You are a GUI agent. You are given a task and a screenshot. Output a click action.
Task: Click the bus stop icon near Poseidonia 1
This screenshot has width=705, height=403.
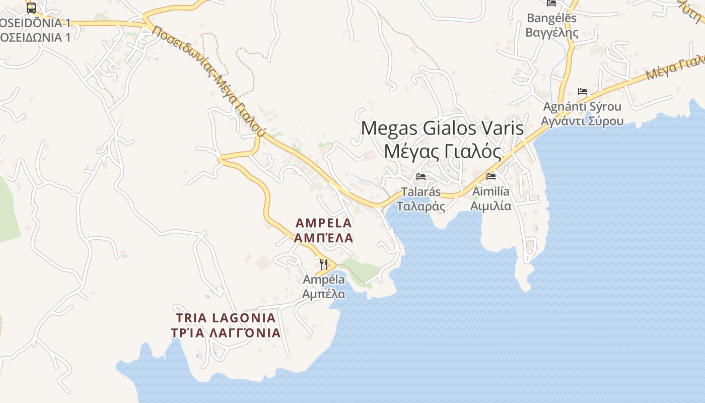(x=31, y=8)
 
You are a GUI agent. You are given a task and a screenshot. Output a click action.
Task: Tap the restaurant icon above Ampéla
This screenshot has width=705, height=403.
(x=324, y=264)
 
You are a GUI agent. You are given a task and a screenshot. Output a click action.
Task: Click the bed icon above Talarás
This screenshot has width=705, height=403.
(x=421, y=177)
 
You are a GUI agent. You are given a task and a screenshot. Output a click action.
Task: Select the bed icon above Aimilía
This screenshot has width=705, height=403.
(x=491, y=176)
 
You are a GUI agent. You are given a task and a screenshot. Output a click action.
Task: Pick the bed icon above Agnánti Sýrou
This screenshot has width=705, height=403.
(x=583, y=92)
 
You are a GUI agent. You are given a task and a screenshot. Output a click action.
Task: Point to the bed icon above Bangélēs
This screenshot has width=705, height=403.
(x=551, y=3)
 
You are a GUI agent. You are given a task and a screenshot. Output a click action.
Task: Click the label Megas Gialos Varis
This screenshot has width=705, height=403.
(x=442, y=128)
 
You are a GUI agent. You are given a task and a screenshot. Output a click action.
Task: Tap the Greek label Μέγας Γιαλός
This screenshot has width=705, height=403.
(x=443, y=151)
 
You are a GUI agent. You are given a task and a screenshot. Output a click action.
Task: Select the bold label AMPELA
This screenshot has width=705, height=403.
(x=324, y=223)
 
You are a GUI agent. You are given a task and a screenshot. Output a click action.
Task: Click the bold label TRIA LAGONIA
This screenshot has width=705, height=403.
(x=226, y=318)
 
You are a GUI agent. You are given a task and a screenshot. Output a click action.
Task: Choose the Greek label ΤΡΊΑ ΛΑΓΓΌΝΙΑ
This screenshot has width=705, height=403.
(x=226, y=333)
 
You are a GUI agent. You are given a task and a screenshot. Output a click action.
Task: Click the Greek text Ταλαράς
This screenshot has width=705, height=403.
(x=421, y=206)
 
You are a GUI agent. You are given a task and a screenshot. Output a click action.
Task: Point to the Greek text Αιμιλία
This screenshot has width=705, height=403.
(x=491, y=206)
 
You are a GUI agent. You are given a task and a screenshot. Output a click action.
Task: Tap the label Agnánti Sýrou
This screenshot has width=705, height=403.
(x=582, y=107)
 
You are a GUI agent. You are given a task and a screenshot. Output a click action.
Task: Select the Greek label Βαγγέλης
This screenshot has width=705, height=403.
(x=551, y=33)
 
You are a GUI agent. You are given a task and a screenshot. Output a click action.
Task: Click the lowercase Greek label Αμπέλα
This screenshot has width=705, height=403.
(x=324, y=294)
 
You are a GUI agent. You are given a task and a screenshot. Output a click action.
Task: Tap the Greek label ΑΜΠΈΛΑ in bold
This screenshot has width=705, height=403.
(x=324, y=238)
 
